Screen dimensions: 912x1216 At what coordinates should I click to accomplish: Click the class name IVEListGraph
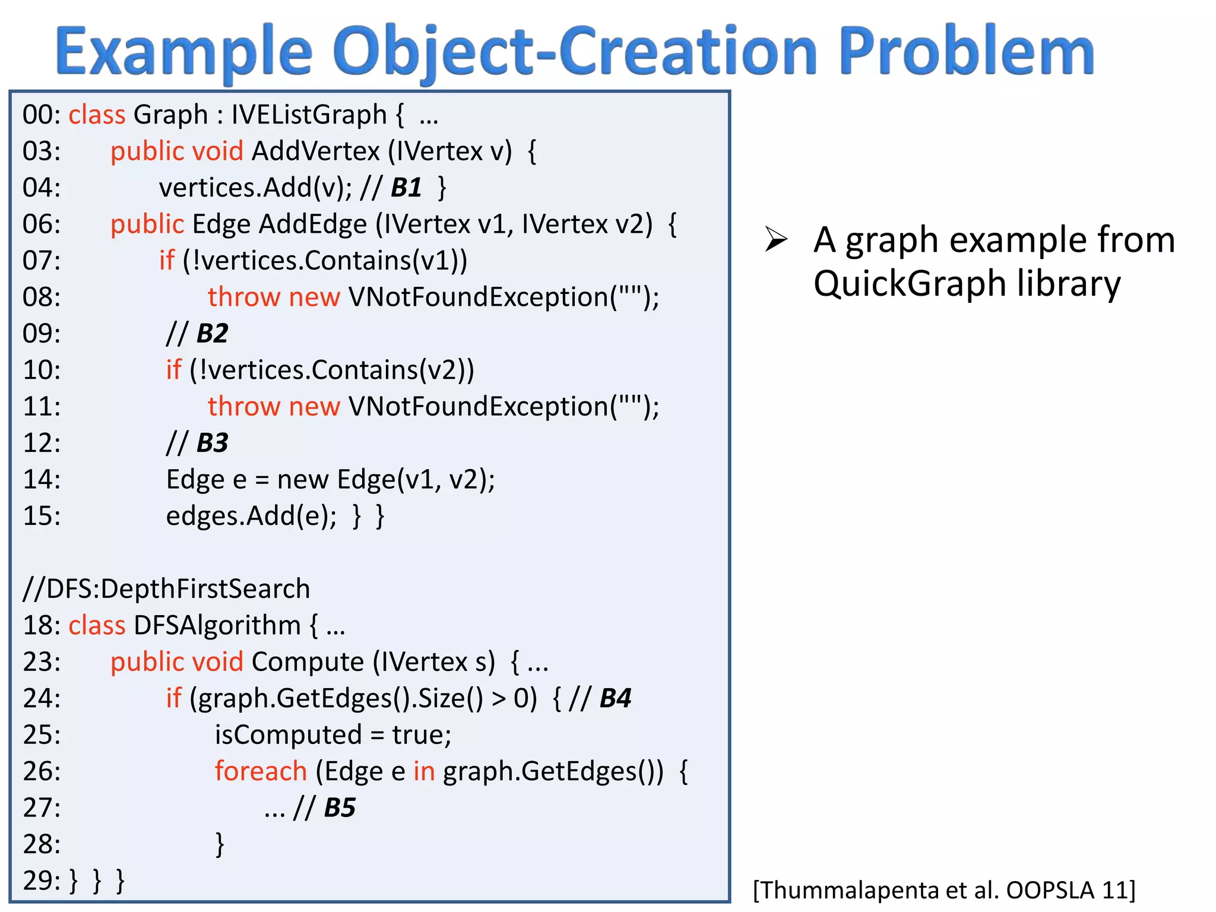(309, 115)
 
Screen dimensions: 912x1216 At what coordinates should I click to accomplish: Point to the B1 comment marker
(406, 188)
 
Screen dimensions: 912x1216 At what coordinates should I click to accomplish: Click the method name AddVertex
(315, 151)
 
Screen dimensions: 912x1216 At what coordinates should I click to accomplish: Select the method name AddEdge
(313, 224)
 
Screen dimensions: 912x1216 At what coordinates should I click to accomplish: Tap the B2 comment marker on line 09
(212, 334)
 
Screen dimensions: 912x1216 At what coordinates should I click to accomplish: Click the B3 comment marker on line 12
(212, 443)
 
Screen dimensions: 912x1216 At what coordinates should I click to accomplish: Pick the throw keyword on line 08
(244, 297)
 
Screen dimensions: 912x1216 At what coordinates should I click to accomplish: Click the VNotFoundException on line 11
(479, 407)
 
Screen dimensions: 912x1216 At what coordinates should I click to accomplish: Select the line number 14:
(42, 480)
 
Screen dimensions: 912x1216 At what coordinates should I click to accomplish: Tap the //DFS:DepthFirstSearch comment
(166, 589)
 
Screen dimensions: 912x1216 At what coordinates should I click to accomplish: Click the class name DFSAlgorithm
(217, 626)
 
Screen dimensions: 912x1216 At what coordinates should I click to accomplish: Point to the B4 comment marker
(615, 699)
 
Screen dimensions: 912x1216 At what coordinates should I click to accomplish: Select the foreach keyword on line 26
(261, 771)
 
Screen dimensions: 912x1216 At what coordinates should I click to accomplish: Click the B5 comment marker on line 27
(340, 808)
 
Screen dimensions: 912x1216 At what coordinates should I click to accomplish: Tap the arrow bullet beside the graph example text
(776, 240)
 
